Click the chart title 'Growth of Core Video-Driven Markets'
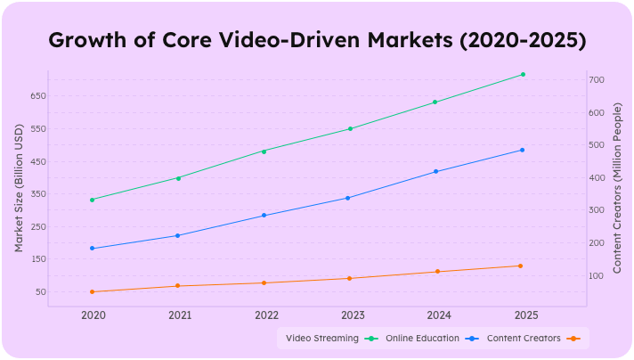tap(316, 41)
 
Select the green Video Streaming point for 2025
tap(523, 75)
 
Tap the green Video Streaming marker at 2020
tap(93, 200)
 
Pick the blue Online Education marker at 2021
tap(177, 235)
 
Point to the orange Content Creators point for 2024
tap(436, 272)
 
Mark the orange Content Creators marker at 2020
tap(93, 291)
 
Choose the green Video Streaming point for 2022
tap(264, 151)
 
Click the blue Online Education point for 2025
tap(522, 150)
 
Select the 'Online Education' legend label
tap(422, 339)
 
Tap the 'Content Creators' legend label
tap(524, 339)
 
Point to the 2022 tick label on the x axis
tap(266, 315)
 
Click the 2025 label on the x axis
tap(525, 315)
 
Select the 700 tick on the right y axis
tap(597, 80)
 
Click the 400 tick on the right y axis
tap(597, 178)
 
